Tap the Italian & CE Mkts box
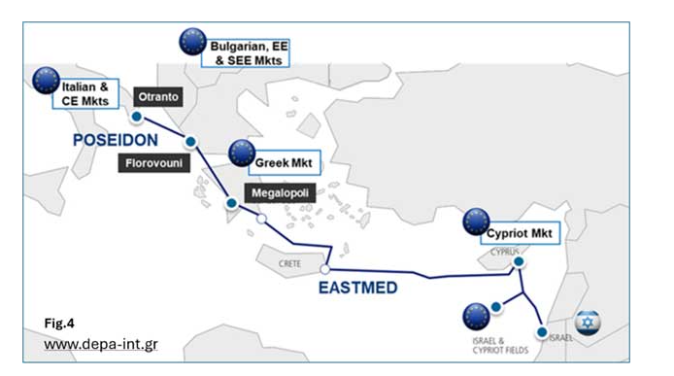click(86, 92)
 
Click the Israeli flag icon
click(587, 322)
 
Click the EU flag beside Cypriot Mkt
click(477, 222)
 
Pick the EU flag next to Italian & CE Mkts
click(46, 82)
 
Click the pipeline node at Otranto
click(137, 117)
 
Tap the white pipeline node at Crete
click(325, 269)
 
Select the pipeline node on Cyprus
click(519, 261)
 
